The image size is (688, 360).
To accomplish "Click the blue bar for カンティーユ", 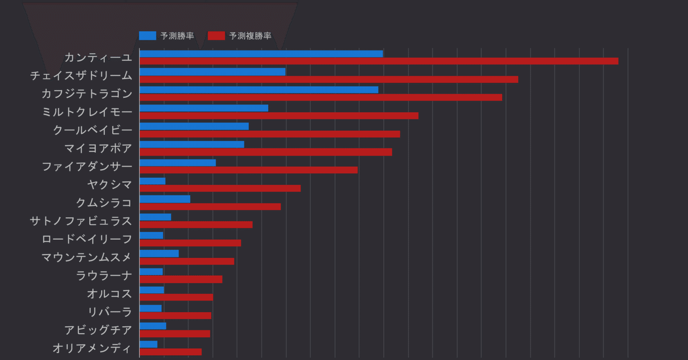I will click(x=261, y=54).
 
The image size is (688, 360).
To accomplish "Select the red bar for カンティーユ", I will click(x=378, y=61).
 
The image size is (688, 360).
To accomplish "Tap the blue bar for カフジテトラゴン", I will click(x=259, y=90).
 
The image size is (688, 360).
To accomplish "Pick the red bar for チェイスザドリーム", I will click(x=328, y=80).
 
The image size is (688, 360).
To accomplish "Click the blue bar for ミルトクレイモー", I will click(x=204, y=108).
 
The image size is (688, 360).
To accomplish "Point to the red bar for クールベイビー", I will click(x=269, y=134).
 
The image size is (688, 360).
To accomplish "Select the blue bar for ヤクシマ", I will click(x=152, y=181).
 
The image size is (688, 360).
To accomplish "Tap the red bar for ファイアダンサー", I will click(x=248, y=170).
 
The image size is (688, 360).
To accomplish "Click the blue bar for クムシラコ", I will click(x=164, y=199).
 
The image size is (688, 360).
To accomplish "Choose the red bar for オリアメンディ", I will click(x=170, y=352).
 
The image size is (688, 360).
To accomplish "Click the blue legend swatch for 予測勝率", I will click(x=147, y=36).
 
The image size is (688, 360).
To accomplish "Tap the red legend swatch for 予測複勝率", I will click(x=216, y=36).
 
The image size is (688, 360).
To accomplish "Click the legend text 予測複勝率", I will click(x=250, y=36).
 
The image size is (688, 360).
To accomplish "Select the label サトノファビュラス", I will click(x=81, y=221).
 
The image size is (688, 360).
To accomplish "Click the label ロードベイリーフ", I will click(x=87, y=239).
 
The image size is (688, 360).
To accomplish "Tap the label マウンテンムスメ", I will click(x=87, y=257).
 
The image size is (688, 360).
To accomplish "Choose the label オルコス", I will click(x=109, y=294).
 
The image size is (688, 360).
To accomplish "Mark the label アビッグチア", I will click(x=98, y=330).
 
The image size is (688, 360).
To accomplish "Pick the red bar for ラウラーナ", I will click(x=181, y=279).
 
